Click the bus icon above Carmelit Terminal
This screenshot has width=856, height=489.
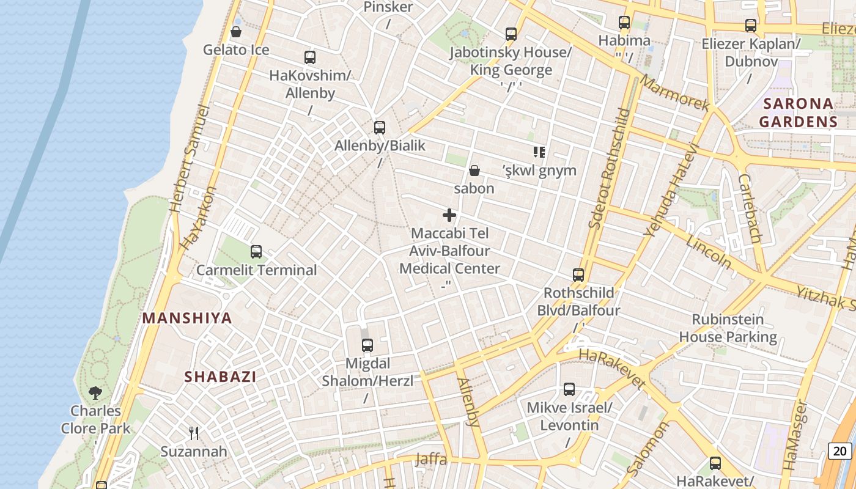tap(256, 251)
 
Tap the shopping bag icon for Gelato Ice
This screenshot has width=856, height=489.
tap(236, 32)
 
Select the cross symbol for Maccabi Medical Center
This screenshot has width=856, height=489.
tap(449, 215)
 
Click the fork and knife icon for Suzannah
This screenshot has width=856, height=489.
tap(194, 433)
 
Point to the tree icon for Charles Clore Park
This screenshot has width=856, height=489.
tap(95, 392)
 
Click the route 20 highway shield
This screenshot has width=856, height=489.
tap(840, 451)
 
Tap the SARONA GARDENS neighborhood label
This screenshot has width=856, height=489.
tap(798, 112)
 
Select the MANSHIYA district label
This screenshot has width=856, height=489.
tap(187, 318)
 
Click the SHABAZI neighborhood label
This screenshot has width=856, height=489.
tap(220, 377)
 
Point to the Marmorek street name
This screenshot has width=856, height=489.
tap(675, 93)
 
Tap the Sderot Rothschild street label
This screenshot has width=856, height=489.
tap(609, 168)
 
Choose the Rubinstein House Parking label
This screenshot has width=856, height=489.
tap(728, 328)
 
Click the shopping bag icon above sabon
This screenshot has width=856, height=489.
tap(474, 171)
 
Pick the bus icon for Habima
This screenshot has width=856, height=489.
tap(624, 23)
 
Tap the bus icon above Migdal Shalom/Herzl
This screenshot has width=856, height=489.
tap(367, 345)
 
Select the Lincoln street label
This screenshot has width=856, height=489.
tap(709, 251)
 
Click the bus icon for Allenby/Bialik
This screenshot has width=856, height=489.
tap(380, 128)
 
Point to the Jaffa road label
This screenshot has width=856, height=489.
tap(431, 459)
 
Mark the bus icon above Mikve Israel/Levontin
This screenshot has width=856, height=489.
tap(569, 389)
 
